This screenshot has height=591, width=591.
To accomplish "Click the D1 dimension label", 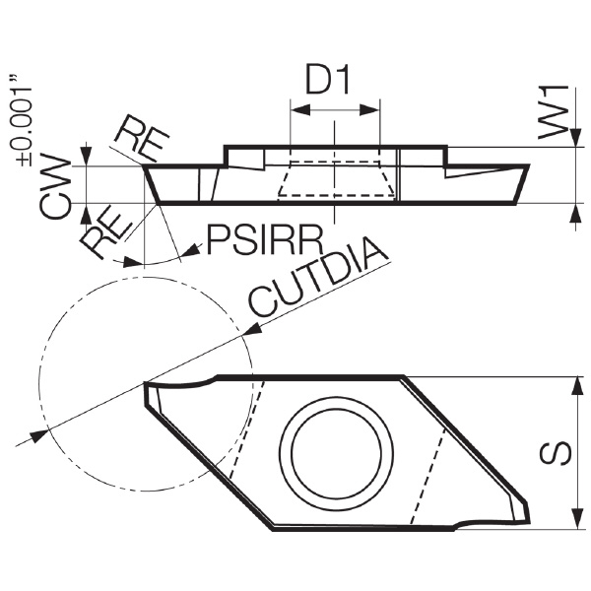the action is pos(327,80).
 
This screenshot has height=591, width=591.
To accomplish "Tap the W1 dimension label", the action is pos(553,112).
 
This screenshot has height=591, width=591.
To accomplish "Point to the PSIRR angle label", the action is pos(265,239).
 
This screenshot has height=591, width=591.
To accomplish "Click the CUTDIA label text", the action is pos(318,277).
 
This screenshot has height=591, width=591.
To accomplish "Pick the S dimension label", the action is pos(556,453).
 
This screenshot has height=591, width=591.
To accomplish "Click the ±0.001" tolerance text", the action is pos(24,121).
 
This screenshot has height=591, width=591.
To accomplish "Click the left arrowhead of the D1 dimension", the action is pos(300,110).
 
